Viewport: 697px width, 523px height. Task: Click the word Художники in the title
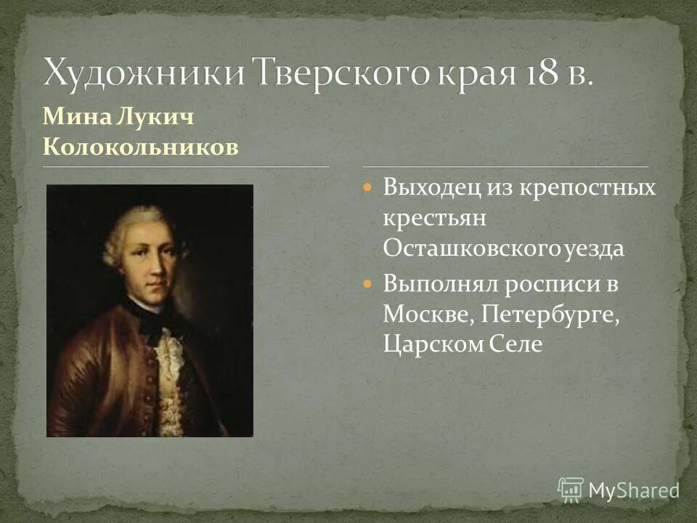(142, 75)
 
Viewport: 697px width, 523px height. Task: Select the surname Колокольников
(140, 147)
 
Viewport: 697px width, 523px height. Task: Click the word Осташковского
(472, 248)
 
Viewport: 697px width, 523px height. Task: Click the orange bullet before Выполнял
(367, 283)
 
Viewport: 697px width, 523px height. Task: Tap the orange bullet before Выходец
(367, 187)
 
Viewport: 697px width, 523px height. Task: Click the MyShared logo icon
(571, 490)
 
